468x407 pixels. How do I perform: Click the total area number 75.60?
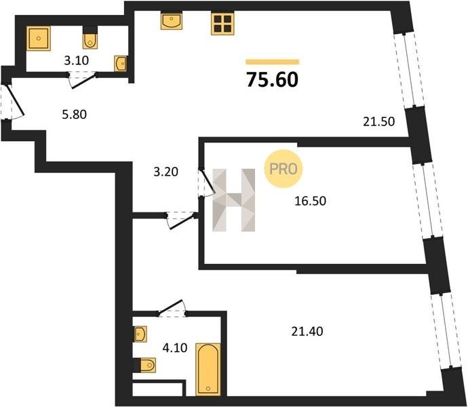click(272, 80)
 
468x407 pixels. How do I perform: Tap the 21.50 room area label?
click(378, 121)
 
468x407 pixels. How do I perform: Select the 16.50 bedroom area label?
click(310, 201)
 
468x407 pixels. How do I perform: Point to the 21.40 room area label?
click(307, 332)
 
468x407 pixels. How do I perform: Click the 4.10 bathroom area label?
click(175, 347)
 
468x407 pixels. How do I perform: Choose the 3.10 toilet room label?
click(77, 60)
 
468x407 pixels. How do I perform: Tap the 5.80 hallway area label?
click(75, 115)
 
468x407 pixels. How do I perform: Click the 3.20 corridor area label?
click(165, 172)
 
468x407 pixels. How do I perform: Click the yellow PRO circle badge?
click(283, 169)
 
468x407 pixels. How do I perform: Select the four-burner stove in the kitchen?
click(222, 23)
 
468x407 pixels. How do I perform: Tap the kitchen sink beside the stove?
click(172, 20)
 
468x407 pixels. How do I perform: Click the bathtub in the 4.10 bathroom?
click(208, 369)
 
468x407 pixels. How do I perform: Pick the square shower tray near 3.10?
click(39, 38)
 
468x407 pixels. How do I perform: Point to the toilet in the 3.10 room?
click(90, 37)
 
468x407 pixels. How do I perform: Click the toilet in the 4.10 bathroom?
click(144, 364)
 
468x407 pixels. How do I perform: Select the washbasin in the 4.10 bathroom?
click(141, 334)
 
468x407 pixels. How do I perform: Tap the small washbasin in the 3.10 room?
click(121, 64)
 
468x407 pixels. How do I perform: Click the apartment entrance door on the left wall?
click(13, 102)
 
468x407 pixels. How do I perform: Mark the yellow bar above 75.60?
click(273, 62)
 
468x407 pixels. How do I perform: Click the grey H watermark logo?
click(234, 200)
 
